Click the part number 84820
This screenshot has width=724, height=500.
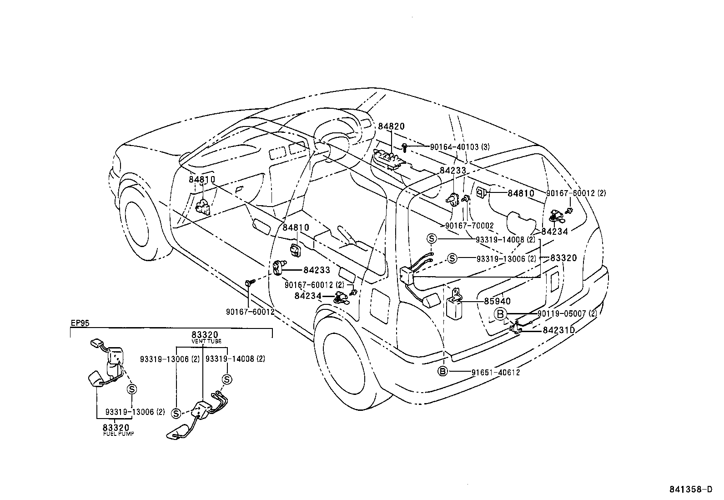(391, 126)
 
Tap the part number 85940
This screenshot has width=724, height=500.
(497, 301)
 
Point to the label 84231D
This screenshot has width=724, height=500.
(559, 330)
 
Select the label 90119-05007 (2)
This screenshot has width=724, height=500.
(567, 313)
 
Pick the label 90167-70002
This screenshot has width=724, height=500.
(469, 225)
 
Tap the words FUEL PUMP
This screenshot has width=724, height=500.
(119, 434)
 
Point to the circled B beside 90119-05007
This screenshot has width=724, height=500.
(500, 313)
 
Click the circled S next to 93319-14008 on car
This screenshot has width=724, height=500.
(432, 239)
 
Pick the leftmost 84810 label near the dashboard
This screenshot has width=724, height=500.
(202, 180)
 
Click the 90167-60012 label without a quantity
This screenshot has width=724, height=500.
(250, 312)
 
